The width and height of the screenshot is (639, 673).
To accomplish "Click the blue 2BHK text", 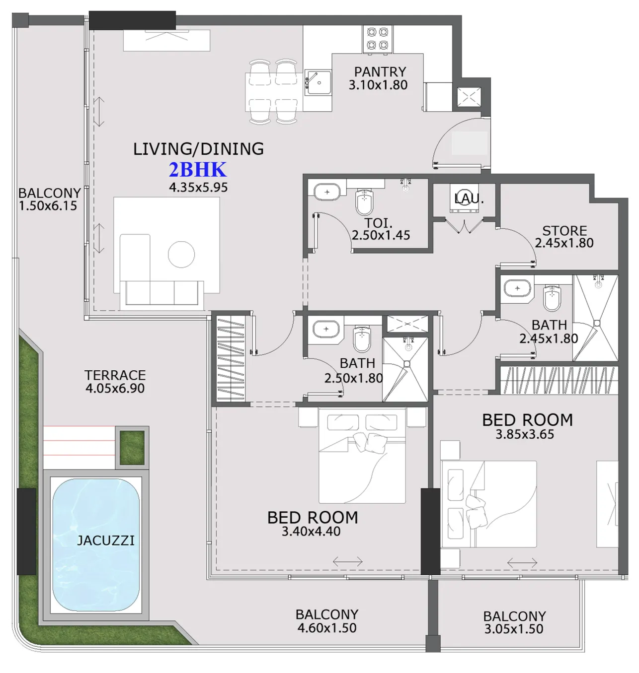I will click(x=197, y=170).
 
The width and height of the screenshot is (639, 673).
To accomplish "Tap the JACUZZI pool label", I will click(x=105, y=540).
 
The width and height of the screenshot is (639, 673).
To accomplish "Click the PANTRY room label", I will click(x=380, y=72).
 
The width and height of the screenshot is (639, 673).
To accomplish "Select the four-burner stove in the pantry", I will click(x=377, y=39).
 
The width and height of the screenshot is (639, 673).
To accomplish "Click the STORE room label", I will click(x=564, y=231).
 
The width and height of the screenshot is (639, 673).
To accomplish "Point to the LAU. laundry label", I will click(x=469, y=199).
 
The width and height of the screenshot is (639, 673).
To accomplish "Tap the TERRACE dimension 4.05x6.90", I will click(x=115, y=388).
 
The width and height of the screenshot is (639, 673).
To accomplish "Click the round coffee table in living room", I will click(x=181, y=254).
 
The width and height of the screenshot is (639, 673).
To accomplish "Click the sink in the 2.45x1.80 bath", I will click(x=517, y=288).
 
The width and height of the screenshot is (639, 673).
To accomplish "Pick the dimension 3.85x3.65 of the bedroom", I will click(x=525, y=434).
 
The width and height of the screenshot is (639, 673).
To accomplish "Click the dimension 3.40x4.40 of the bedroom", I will click(x=311, y=532).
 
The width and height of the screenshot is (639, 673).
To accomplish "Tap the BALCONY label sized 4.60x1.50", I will click(x=326, y=614).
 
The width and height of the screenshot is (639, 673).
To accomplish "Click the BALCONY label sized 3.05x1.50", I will click(x=514, y=616).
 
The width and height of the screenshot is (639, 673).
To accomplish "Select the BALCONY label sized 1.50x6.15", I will click(x=49, y=193).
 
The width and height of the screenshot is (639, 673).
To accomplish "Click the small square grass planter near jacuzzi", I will click(x=132, y=447).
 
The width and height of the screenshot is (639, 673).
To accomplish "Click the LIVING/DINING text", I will click(x=198, y=149).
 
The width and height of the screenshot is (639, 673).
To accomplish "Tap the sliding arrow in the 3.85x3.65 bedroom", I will click(x=522, y=563).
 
